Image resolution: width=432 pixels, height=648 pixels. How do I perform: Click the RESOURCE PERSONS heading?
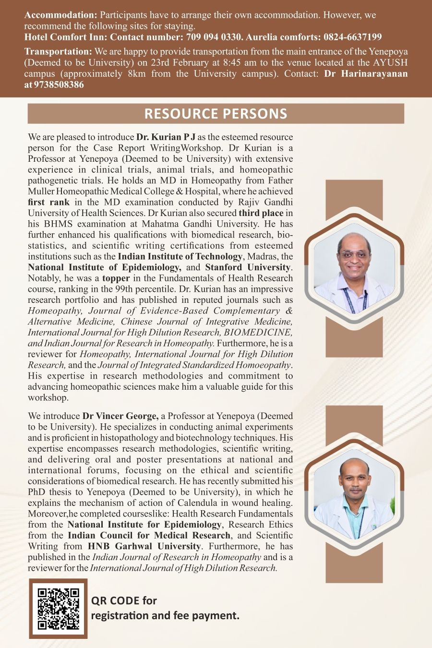click(x=216, y=114)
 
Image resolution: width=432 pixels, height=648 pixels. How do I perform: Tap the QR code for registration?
click(x=58, y=609)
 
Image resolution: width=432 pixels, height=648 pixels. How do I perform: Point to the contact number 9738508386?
click(x=59, y=85)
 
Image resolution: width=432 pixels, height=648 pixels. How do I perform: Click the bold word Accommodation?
click(x=60, y=15)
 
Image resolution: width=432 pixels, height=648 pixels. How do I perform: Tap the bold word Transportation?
click(x=58, y=51)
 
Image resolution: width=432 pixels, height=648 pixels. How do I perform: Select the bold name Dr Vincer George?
click(x=120, y=416)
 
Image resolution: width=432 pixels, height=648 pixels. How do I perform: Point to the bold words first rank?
click(x=48, y=202)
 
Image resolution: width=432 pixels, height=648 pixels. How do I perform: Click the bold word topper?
click(x=116, y=278)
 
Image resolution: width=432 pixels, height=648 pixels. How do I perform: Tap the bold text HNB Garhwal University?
click(x=144, y=546)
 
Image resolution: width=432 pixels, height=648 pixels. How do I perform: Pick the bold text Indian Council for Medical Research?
click(x=149, y=535)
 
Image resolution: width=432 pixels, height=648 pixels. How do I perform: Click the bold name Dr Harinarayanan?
click(x=366, y=74)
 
